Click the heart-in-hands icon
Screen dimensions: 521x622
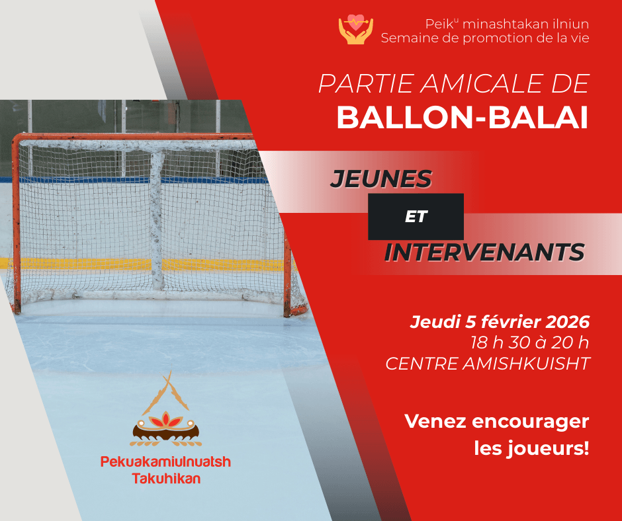click(355, 30)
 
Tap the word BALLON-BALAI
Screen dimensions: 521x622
click(463, 117)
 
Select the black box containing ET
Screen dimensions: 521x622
click(416, 216)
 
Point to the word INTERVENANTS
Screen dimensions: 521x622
click(484, 253)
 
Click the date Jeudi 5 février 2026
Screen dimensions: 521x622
click(500, 323)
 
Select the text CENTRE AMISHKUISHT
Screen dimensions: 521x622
click(487, 364)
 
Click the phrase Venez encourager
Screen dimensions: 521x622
click(496, 421)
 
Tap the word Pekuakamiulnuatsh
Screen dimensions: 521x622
click(165, 462)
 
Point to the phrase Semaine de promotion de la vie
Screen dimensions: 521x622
click(485, 38)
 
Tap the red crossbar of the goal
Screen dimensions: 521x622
click(132, 138)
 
